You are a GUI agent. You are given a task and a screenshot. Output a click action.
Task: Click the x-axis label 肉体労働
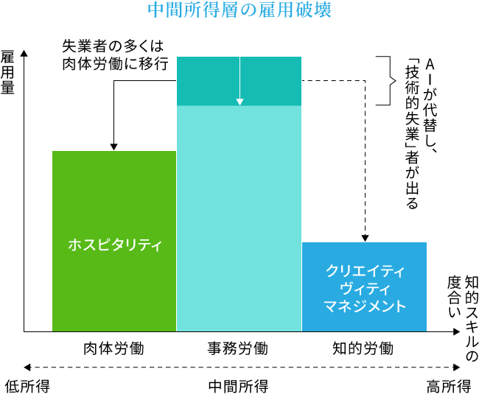pos(113,348)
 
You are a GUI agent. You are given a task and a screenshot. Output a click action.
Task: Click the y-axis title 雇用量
pos(9,74)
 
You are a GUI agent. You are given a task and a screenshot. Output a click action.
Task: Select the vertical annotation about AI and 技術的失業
pos(421,133)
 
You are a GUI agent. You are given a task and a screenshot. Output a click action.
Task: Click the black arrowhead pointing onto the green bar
pos(114,146)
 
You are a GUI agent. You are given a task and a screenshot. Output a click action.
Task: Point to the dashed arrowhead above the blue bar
pos(365,237)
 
